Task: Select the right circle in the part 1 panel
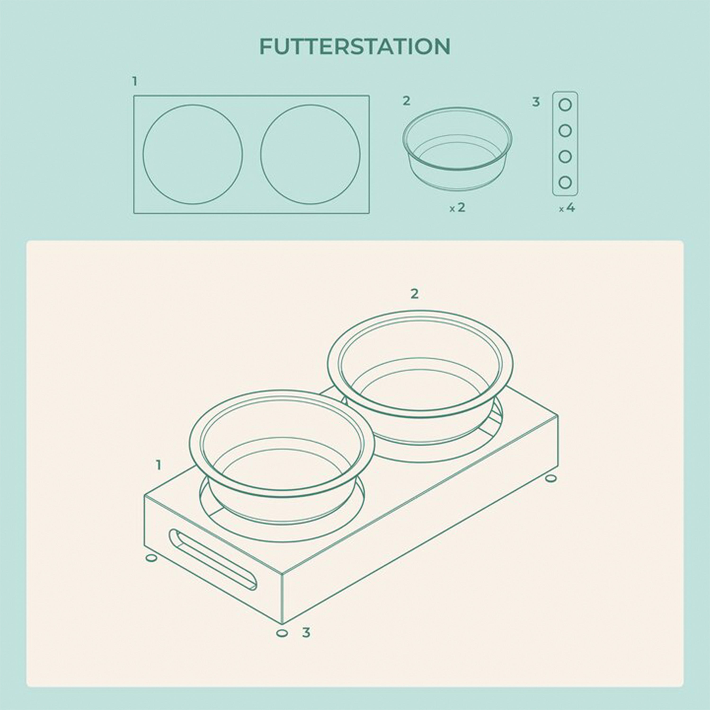[261, 154]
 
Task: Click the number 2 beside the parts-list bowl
[406, 101]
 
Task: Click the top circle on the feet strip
[565, 105]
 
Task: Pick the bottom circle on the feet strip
[565, 182]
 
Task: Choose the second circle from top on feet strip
[565, 131]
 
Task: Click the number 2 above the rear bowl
[415, 294]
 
